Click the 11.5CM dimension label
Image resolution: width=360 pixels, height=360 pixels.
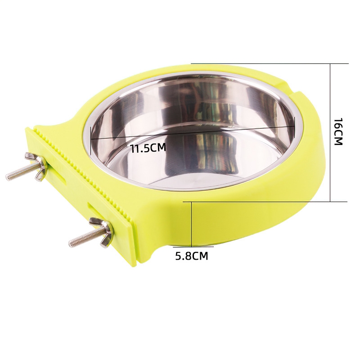click(148, 148)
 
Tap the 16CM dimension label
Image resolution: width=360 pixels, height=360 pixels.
click(338, 131)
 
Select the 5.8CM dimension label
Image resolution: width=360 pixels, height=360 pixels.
click(192, 256)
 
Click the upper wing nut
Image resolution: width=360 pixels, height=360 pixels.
click(37, 166)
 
